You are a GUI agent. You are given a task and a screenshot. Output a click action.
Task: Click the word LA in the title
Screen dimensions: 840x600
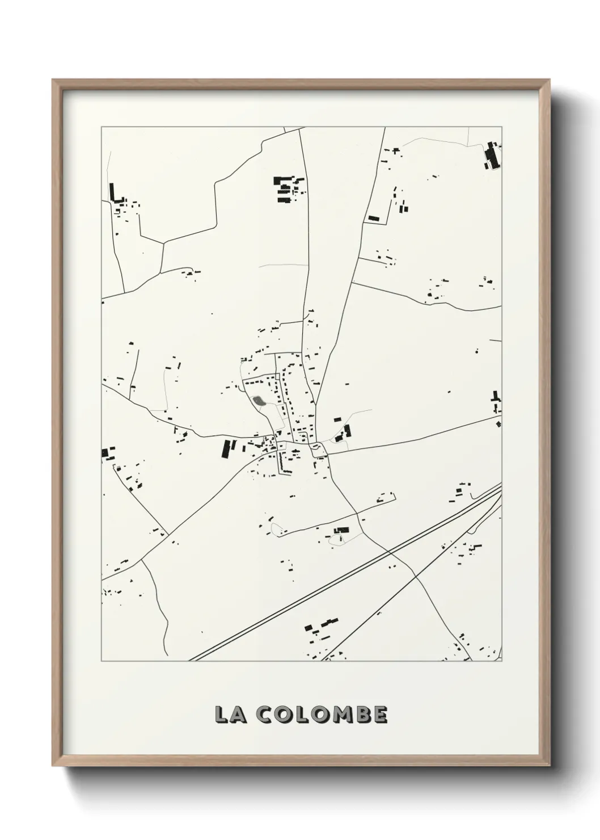[230, 715]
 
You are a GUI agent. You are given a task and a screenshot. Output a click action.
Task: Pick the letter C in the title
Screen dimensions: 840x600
[263, 715]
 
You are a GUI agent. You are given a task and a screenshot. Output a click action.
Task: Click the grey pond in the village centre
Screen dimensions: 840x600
[259, 401]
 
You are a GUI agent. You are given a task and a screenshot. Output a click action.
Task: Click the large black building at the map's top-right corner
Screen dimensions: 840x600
[491, 156]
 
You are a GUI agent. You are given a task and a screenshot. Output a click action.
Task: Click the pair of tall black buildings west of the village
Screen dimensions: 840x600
[228, 448]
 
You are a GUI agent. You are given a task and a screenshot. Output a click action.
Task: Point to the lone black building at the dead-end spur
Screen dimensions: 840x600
[373, 218]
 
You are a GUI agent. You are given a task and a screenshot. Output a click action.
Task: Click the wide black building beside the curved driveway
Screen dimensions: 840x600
[341, 530]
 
